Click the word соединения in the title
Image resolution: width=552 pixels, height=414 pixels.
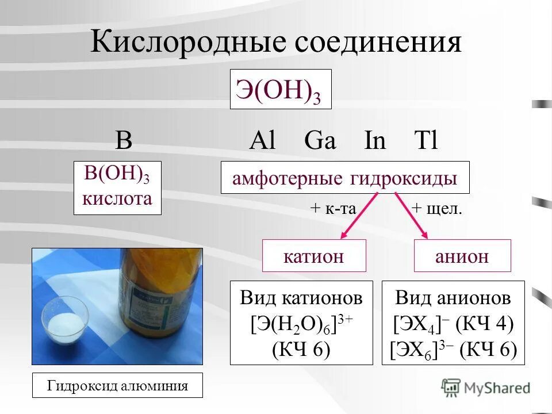pos(380,43)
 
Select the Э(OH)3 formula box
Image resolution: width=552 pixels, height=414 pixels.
pos(281,89)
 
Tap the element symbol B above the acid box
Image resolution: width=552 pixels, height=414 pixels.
pos(124,141)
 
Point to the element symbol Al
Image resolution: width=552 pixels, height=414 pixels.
pos(263,141)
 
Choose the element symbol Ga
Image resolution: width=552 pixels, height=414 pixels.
pos(320,141)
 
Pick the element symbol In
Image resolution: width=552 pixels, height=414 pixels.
pos(375,141)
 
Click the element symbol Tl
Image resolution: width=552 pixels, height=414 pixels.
pos(426,141)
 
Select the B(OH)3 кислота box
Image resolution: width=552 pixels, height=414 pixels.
pos(117,188)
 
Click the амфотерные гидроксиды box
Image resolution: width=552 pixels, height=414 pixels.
pos(345,178)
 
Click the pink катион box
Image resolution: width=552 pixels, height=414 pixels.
pos(314,255)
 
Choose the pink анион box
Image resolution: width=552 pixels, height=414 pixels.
pos(462,255)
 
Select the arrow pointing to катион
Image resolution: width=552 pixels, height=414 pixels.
pos(359,216)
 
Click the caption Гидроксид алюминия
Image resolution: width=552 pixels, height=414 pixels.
pos(118,385)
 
